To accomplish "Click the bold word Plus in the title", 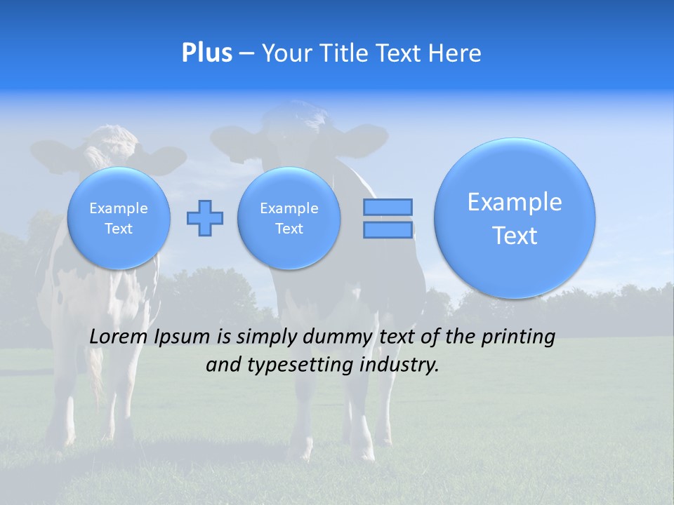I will [x=206, y=53].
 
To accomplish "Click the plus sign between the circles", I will [x=205, y=218].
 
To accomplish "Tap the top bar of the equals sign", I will [x=388, y=207].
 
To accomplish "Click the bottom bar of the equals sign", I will [x=388, y=230].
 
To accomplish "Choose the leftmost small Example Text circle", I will [x=119, y=218].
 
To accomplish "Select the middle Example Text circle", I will [x=289, y=218].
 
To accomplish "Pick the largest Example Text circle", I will [x=515, y=218].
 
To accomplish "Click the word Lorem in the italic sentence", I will [x=119, y=337].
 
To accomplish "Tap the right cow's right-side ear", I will [x=366, y=137].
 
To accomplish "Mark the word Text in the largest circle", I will [x=515, y=236].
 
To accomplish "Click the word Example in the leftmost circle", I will [x=119, y=208].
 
